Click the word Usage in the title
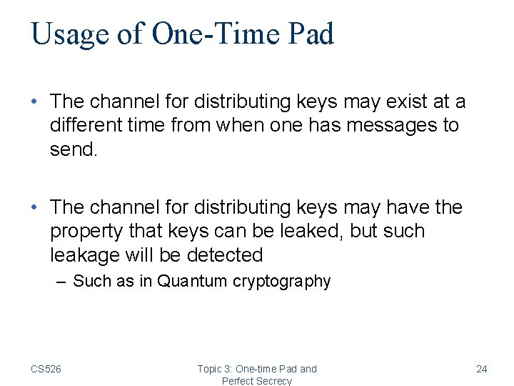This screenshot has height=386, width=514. [69, 35]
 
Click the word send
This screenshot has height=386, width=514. [74, 149]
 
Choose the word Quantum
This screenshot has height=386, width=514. [192, 282]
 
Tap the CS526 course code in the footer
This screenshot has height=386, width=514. [46, 369]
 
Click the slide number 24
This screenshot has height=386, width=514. [482, 369]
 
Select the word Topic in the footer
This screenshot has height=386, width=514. [210, 369]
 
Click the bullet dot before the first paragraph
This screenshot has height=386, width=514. [35, 102]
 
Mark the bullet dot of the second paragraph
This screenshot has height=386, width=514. [35, 208]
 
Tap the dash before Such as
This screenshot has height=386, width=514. [61, 282]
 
